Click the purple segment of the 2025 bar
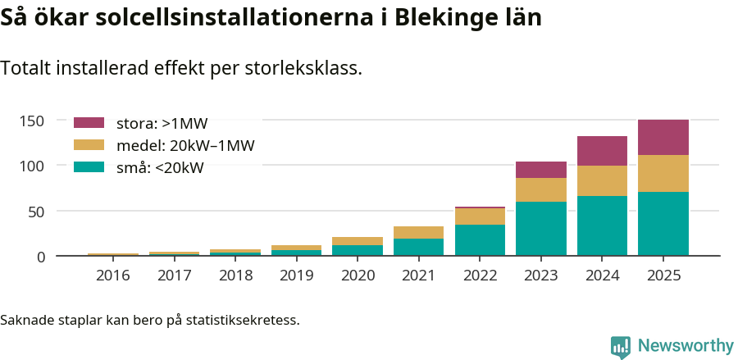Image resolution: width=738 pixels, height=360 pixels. point(663,138)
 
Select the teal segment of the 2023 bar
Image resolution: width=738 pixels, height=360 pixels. point(541,229)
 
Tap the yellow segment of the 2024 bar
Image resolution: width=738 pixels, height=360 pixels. point(602,180)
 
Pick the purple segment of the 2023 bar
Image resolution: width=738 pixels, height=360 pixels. point(541,170)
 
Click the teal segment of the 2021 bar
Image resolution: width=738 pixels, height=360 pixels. point(418,247)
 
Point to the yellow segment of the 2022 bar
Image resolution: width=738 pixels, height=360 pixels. point(480,216)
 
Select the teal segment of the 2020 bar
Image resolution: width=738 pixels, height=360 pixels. point(358,250)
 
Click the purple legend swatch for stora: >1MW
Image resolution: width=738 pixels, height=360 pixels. point(89,123)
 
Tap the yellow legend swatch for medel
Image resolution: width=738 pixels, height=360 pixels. point(89,145)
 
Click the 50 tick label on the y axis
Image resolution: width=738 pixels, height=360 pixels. point(35,212)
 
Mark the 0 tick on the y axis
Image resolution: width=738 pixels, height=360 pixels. point(39,257)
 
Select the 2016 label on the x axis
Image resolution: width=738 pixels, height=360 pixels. point(112,276)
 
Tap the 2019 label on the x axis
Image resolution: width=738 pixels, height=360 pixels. point(296,276)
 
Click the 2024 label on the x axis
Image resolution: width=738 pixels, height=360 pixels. point(602,276)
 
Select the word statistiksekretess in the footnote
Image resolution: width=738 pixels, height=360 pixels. point(243,319)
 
